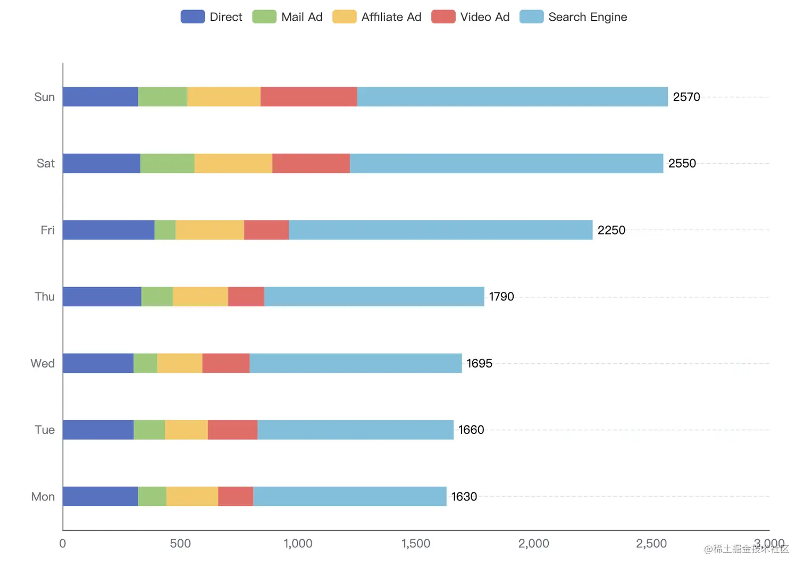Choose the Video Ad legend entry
pos(471,17)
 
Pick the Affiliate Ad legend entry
pos(377,17)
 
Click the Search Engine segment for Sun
pos(512,97)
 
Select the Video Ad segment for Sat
pos(311,163)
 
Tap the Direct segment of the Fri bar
pos(108,230)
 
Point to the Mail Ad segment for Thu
pos(157,297)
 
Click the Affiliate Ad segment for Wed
pos(180,363)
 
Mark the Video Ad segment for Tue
pos(232,430)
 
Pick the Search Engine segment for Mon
pos(350,496)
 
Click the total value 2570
pos(686,97)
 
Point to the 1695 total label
pos(479,363)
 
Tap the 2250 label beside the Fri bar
pos(611,230)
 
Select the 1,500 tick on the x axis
pos(416,543)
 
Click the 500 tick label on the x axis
pos(180,543)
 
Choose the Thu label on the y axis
pos(45,297)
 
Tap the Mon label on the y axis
pos(43,497)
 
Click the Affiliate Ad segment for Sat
pos(233,163)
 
